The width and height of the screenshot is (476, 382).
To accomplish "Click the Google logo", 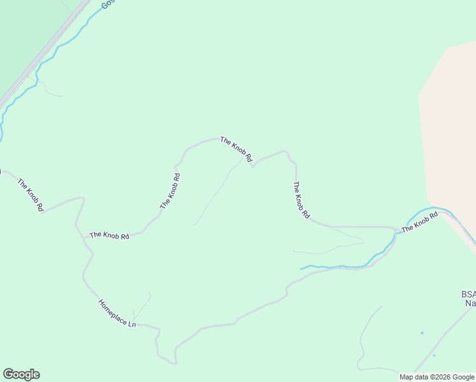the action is [21, 374].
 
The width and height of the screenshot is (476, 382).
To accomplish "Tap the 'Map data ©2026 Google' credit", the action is [437, 377].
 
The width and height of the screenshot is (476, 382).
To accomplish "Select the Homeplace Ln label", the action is [117, 314].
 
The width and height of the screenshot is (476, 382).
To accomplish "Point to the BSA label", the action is [468, 294].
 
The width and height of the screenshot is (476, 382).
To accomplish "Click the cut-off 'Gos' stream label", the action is [107, 4].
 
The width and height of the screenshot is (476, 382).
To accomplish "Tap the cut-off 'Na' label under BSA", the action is [470, 304].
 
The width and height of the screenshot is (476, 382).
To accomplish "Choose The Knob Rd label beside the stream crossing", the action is [420, 222].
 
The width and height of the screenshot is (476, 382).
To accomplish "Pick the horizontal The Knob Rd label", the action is [109, 236].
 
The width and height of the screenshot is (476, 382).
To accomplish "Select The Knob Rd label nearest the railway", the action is [31, 194].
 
